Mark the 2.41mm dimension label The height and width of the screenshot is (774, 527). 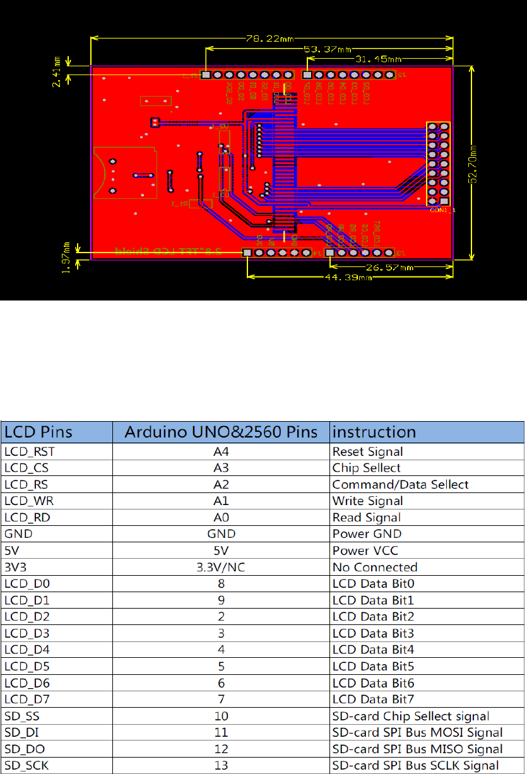click(x=57, y=71)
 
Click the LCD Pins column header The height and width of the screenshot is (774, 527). click(x=38, y=432)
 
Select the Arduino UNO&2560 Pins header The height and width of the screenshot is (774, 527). click(x=220, y=432)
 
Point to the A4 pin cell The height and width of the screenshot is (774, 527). click(x=220, y=451)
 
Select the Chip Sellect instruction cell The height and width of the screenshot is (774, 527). click(x=367, y=468)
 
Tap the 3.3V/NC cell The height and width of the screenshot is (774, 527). click(x=220, y=567)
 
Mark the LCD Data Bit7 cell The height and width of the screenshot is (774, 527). click(x=372, y=699)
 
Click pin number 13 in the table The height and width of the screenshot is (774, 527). click(x=220, y=765)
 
